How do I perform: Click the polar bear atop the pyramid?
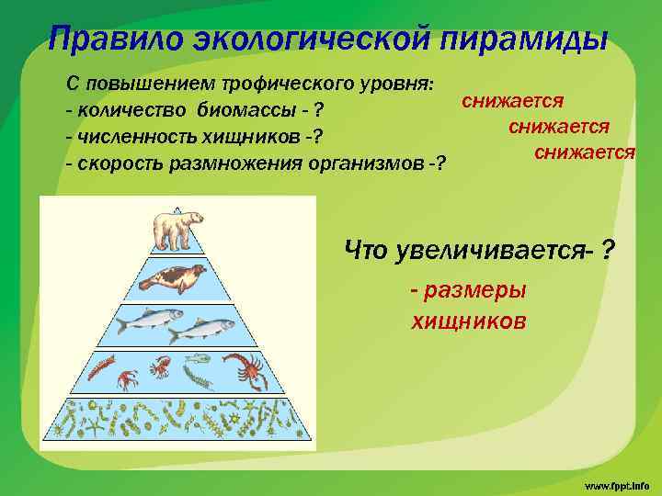tap(177, 230)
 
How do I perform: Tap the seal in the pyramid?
tap(176, 277)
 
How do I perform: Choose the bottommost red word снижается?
tap(584, 151)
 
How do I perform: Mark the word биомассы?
tap(244, 111)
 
